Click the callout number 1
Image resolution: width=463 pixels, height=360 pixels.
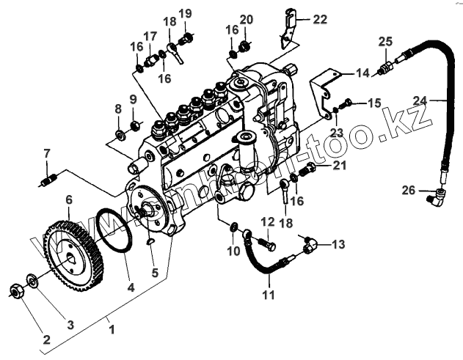click(112, 330)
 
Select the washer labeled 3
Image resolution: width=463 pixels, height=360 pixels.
click(32, 279)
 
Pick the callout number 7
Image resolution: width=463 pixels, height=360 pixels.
click(46, 154)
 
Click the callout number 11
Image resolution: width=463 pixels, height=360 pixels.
click(269, 295)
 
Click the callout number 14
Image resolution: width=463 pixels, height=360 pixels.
click(363, 73)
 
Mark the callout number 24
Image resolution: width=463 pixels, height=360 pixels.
click(440, 100)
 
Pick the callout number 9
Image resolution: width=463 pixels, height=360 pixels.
click(133, 99)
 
